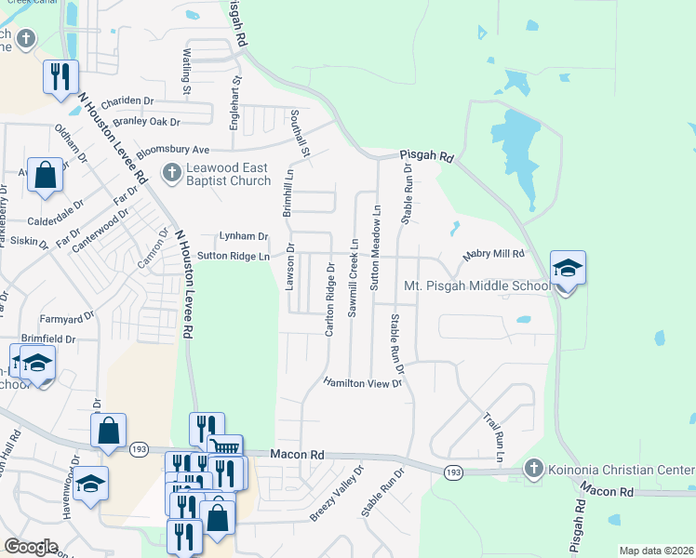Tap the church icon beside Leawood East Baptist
click(x=171, y=173)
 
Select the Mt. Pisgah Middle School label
click(x=478, y=286)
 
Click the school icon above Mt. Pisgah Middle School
click(x=568, y=270)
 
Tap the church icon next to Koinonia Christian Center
click(x=534, y=467)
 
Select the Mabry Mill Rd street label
click(x=494, y=254)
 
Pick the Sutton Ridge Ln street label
click(x=233, y=256)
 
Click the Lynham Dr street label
click(x=243, y=236)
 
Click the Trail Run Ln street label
click(x=493, y=438)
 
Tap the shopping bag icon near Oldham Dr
click(x=45, y=175)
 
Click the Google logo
click(x=31, y=547)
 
